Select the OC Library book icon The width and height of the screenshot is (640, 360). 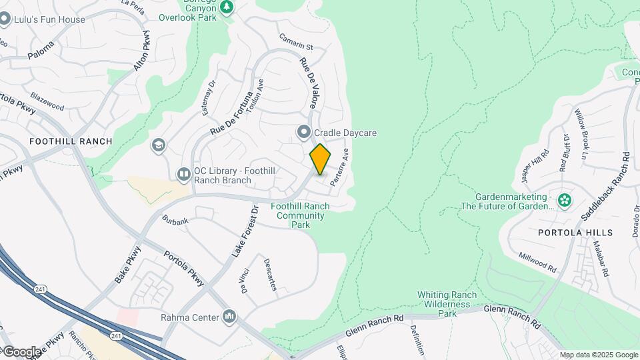[x=183, y=175]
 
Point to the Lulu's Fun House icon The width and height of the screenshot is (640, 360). [x=5, y=19]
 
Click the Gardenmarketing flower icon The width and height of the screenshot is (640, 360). [x=565, y=199]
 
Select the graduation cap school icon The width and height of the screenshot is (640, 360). [x=159, y=145]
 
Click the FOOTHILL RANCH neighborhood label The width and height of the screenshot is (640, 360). [x=71, y=141]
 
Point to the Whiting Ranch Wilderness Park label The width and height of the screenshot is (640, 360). [x=447, y=304]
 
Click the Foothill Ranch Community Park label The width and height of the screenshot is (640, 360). [x=300, y=215]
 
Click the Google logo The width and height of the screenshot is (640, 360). [x=21, y=351]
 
